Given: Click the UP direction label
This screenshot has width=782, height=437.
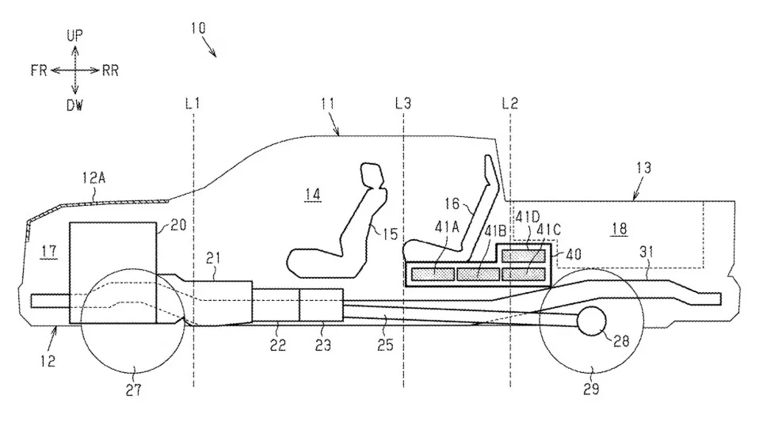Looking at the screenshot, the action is [x=74, y=36].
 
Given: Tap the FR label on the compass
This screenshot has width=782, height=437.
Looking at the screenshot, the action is [x=38, y=70].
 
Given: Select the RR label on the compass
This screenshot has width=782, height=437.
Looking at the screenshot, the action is [x=110, y=70].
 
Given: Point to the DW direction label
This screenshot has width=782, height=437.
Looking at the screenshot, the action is [x=74, y=105].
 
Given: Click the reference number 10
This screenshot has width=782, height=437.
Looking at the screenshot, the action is [x=198, y=28].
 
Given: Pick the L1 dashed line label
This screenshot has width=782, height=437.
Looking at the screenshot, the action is [x=193, y=103].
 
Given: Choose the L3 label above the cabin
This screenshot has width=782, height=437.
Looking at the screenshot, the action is [x=403, y=103].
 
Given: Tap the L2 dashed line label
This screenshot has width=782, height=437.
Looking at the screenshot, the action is [x=510, y=103].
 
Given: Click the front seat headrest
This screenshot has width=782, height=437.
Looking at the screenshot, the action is [x=372, y=175].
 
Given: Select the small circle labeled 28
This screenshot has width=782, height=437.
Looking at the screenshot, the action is [x=592, y=321].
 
